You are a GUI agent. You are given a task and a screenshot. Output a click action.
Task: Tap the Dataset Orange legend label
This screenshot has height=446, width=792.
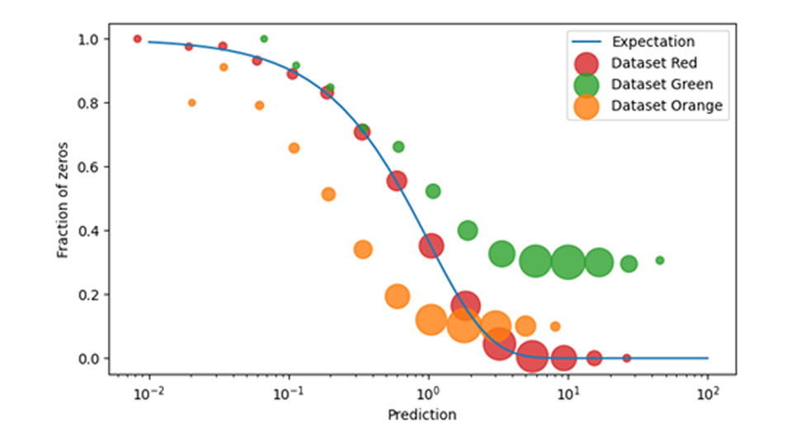pyautogui.click(x=667, y=105)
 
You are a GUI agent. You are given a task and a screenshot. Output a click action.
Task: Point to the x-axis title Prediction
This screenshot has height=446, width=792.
pyautogui.click(x=422, y=415)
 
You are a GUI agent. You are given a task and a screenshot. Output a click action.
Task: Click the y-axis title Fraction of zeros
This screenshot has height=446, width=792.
pyautogui.click(x=63, y=198)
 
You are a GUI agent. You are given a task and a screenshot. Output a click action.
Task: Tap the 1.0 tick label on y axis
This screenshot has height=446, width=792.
pyautogui.click(x=88, y=40)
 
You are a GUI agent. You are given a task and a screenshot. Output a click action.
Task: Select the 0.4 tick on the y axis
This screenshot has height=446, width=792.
pyautogui.click(x=88, y=230)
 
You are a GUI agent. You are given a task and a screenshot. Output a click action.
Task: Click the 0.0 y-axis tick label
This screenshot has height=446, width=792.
pyautogui.click(x=88, y=358)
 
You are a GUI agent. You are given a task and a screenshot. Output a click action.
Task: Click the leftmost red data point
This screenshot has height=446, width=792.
pyautogui.click(x=138, y=39)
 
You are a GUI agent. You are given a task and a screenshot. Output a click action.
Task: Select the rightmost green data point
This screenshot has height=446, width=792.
pyautogui.click(x=660, y=260)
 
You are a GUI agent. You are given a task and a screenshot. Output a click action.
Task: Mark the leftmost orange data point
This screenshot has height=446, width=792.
pyautogui.click(x=192, y=102)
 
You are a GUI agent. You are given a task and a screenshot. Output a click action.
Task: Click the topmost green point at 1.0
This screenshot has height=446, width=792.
pyautogui.click(x=264, y=39)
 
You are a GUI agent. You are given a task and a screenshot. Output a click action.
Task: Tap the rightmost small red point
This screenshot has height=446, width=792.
pyautogui.click(x=626, y=358)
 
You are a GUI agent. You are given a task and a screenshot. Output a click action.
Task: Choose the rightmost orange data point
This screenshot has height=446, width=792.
pyautogui.click(x=555, y=326)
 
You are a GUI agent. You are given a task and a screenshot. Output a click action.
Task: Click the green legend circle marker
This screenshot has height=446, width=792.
pyautogui.click(x=586, y=83)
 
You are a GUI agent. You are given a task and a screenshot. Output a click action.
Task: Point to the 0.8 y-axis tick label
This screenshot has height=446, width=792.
pyautogui.click(x=88, y=103)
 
